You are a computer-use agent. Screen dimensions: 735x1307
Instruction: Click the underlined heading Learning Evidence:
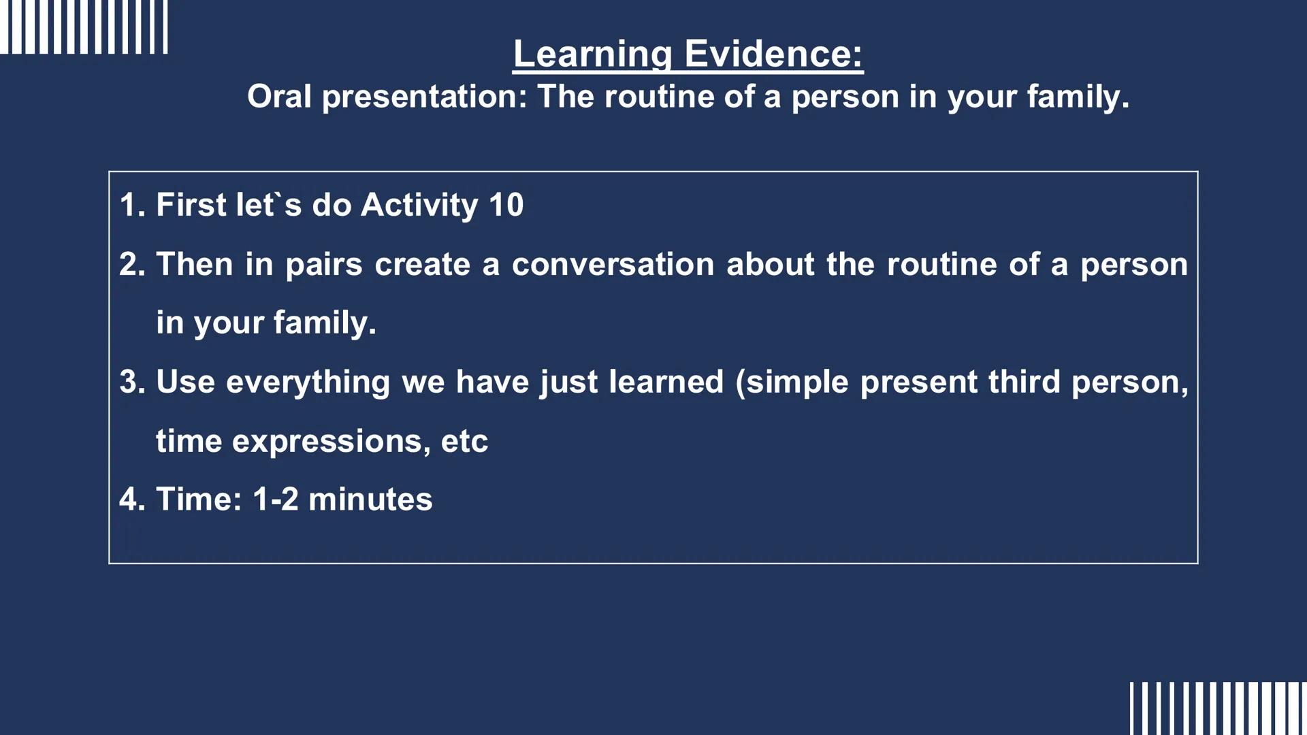tap(688, 54)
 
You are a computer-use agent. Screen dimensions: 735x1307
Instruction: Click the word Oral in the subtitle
tap(279, 96)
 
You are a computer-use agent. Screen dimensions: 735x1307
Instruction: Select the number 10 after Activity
tap(506, 205)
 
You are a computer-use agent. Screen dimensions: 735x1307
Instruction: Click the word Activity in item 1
tap(419, 205)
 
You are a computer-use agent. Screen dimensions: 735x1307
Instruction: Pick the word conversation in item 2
tap(613, 264)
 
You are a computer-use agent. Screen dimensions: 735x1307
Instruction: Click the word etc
tap(464, 442)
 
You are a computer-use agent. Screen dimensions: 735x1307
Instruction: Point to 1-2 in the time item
tap(275, 500)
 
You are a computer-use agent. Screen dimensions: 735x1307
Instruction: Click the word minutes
tap(370, 500)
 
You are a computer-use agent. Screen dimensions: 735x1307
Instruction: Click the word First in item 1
tap(191, 205)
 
